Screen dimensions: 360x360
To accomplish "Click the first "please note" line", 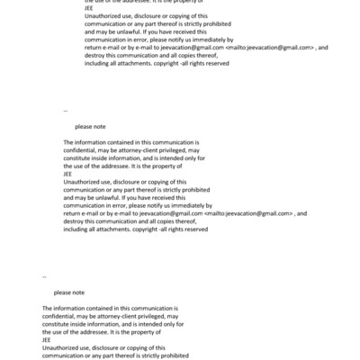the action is pyautogui.click(x=90, y=127).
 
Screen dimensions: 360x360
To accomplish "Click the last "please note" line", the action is pyautogui.click(x=69, y=292).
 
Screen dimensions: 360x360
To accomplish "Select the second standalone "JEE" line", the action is pyautogui.click(x=68, y=174).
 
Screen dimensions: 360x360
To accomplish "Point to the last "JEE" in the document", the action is pyautogui.click(x=47, y=339).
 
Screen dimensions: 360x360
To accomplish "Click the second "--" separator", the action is pyautogui.click(x=44, y=275).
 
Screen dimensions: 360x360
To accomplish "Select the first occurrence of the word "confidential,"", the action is pyautogui.click(x=82, y=150).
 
